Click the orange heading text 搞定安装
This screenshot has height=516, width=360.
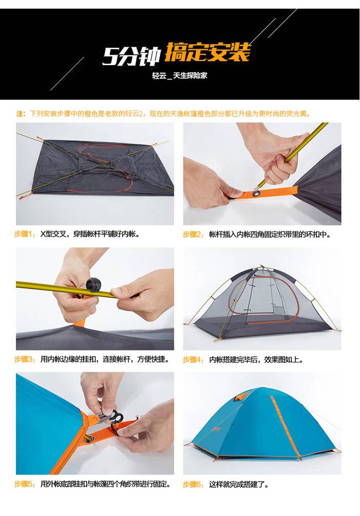pyautogui.click(x=207, y=52)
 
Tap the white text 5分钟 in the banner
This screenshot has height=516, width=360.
pyautogui.click(x=131, y=56)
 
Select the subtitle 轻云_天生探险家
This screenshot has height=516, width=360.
pyautogui.click(x=179, y=76)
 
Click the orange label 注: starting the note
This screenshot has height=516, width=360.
pyautogui.click(x=21, y=114)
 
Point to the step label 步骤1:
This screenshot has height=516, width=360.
pyautogui.click(x=25, y=234)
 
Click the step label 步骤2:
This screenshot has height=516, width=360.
pyautogui.click(x=193, y=235)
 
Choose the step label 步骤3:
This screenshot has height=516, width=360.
pyautogui.click(x=25, y=359)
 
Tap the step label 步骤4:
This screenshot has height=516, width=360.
pyautogui.click(x=193, y=360)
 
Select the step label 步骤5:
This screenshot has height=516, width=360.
pyautogui.click(x=25, y=484)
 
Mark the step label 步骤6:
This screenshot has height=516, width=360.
pyautogui.click(x=193, y=484)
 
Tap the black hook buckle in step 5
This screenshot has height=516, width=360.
pyautogui.click(x=112, y=422)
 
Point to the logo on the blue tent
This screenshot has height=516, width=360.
pyautogui.click(x=216, y=429)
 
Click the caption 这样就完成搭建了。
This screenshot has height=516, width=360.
pyautogui.click(x=239, y=484)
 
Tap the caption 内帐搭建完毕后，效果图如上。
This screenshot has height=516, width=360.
pyautogui.click(x=256, y=360)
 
